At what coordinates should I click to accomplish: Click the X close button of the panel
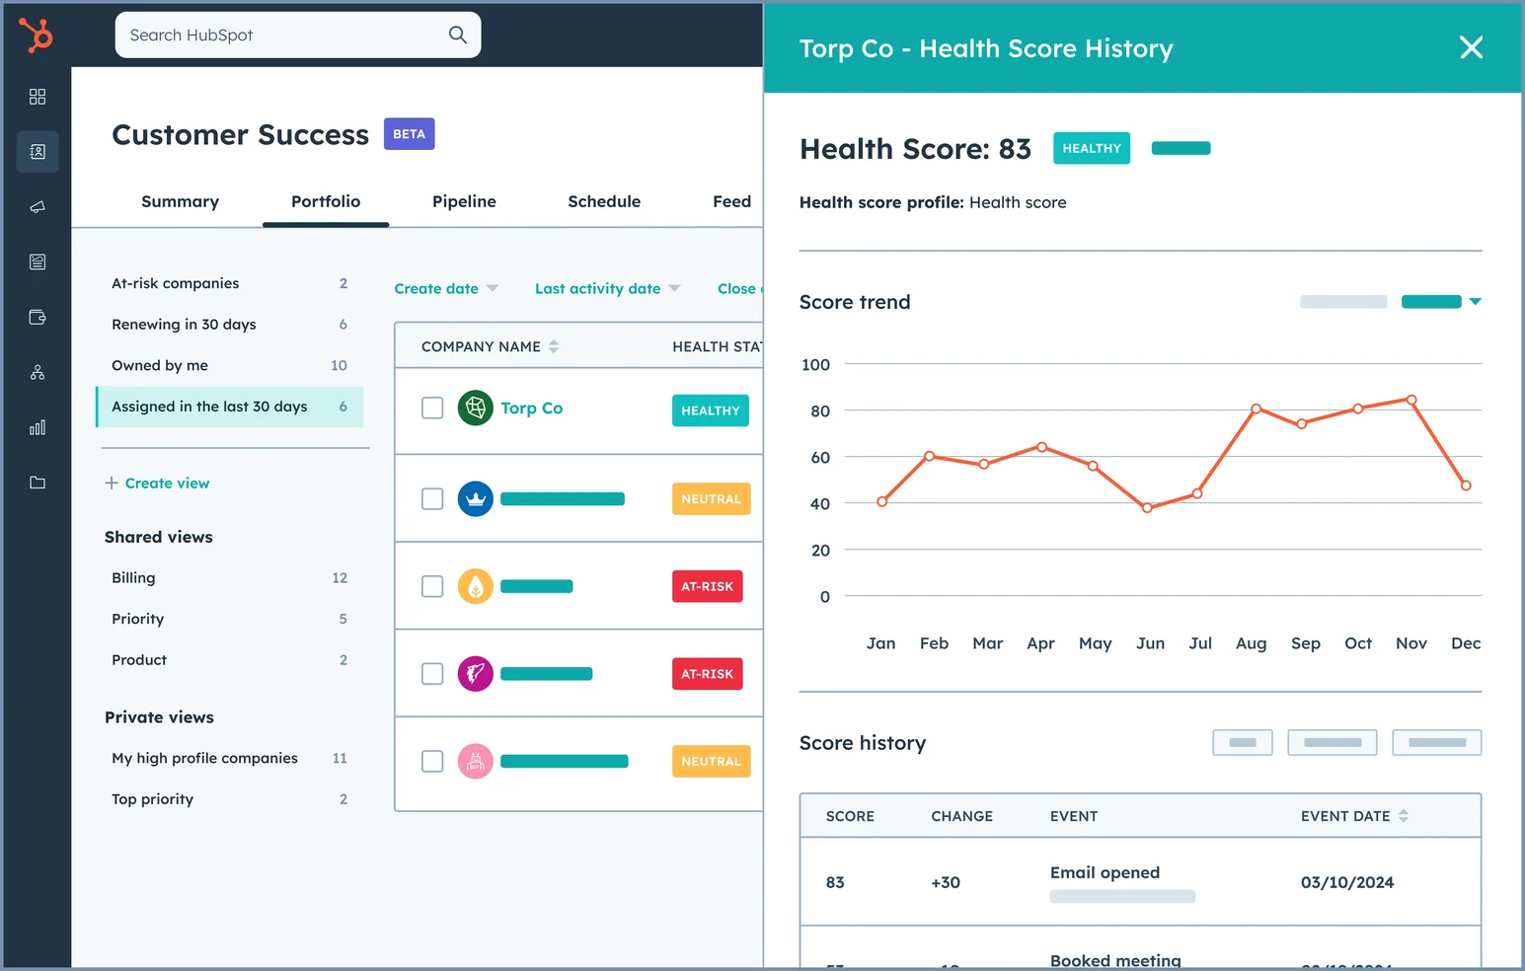tap(1471, 47)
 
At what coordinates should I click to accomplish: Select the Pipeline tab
tap(464, 201)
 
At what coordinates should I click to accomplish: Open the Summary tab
tap(180, 201)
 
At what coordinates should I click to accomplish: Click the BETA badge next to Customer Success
tap(409, 134)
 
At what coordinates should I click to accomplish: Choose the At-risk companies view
tap(176, 283)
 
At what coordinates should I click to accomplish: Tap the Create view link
tap(166, 484)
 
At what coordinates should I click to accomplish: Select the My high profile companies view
tap(204, 758)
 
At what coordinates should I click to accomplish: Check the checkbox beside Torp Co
tap(432, 408)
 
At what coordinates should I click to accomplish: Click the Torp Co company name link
tap(531, 409)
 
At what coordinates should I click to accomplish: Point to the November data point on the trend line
tap(1411, 400)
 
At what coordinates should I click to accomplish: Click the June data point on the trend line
tap(1147, 508)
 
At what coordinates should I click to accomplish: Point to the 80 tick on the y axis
tap(820, 411)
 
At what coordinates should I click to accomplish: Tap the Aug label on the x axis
tap(1251, 643)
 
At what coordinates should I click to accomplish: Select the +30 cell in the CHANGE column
tap(946, 882)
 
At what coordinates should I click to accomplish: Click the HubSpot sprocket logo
tap(37, 36)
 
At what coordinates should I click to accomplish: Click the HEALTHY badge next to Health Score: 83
tap(1091, 149)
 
